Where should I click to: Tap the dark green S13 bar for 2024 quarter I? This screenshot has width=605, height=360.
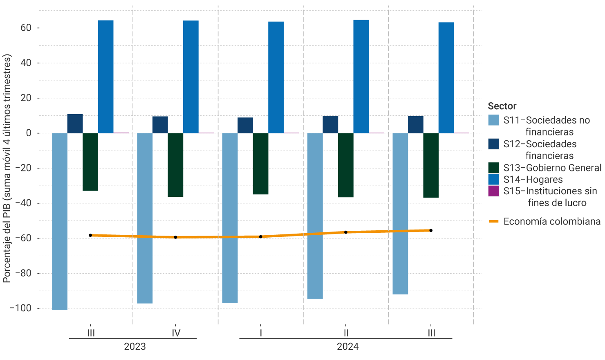pos(260,164)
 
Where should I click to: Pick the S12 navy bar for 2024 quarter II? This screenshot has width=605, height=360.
pos(330,124)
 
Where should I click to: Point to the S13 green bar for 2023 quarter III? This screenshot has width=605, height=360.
pos(90,162)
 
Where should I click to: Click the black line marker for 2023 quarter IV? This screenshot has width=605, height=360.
pos(175,237)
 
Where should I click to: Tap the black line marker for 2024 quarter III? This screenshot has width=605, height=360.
pos(431,230)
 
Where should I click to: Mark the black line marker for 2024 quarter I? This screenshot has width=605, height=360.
pos(261,237)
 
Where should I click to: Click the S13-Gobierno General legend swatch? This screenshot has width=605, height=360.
pos(494,168)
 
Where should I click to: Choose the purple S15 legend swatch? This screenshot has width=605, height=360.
pos(494,191)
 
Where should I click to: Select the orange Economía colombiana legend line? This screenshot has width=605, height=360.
pos(494,221)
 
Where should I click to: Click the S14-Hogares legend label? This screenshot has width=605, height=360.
pos(533,180)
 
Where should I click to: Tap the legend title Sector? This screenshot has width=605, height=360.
pos(502,106)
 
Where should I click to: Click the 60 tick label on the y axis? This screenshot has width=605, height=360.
pos(26,28)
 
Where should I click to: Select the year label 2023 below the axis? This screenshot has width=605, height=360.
pos(135,347)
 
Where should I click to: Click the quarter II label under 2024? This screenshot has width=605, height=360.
pos(346,333)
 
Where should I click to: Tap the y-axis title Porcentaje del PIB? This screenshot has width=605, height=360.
pos(7,168)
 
